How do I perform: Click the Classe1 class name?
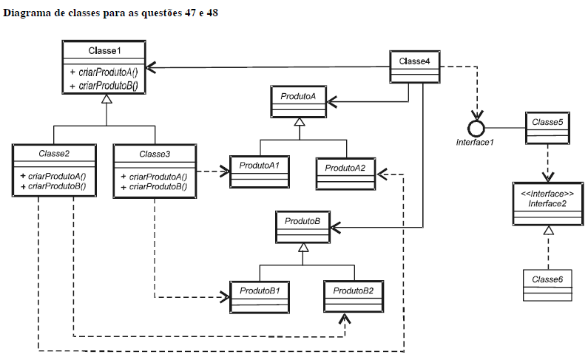click(104, 50)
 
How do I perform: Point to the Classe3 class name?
click(155, 154)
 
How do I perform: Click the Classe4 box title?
click(414, 61)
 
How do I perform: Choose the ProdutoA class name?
click(298, 96)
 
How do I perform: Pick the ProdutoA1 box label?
click(259, 166)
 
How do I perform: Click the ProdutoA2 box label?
click(345, 168)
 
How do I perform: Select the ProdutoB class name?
click(303, 221)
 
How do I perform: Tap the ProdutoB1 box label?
click(260, 291)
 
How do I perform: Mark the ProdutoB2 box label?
click(354, 291)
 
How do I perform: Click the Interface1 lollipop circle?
click(476, 129)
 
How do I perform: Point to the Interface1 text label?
click(475, 143)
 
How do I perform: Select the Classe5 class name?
click(547, 122)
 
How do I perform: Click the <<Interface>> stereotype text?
click(547, 194)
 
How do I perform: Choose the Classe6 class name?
click(547, 279)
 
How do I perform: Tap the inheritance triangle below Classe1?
click(107, 99)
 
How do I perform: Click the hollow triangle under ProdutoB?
click(303, 247)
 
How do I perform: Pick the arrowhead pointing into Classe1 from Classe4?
click(151, 67)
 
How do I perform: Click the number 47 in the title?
click(190, 13)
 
